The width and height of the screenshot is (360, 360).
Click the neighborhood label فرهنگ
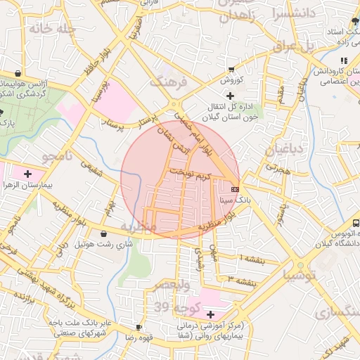169,82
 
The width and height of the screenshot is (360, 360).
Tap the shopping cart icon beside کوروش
231,70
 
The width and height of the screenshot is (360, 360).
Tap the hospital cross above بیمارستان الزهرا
27,173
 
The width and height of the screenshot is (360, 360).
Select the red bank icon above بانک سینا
234,188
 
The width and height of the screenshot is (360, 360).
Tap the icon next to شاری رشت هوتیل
104,233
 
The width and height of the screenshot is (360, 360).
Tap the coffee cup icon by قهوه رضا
139,327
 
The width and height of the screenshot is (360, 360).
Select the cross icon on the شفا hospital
211,314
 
